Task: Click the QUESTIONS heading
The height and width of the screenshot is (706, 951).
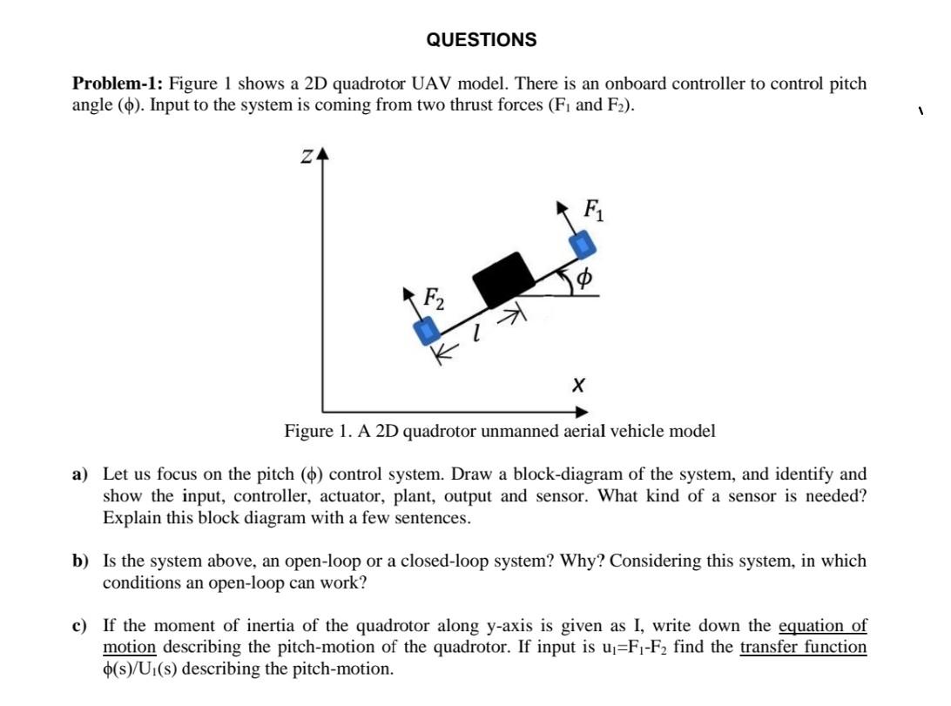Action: click(x=482, y=40)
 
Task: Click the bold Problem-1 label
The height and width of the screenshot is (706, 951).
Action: click(x=117, y=84)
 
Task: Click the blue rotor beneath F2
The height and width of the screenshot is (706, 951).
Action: click(x=426, y=331)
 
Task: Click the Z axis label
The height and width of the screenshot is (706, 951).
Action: click(x=307, y=157)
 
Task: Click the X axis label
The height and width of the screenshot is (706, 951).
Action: click(x=577, y=384)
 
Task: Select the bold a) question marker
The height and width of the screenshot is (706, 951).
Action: click(x=81, y=474)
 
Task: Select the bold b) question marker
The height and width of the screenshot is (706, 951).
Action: click(x=81, y=561)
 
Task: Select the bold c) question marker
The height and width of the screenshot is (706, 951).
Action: click(x=80, y=626)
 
